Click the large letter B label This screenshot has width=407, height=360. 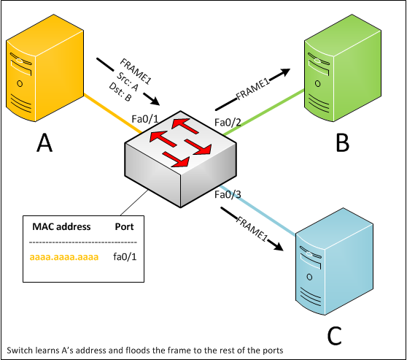pos(342,143)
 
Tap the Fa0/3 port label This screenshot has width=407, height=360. pos(228,195)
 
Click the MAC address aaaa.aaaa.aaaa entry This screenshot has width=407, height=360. pos(63,257)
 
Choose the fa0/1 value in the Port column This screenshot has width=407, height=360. pos(125,257)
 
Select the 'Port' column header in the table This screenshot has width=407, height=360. pos(125,226)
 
